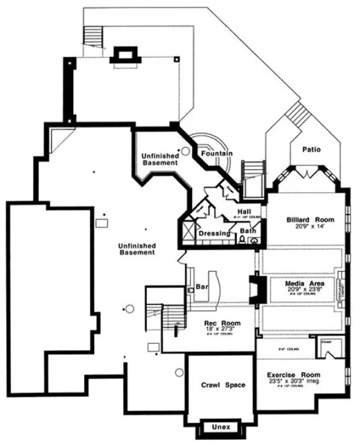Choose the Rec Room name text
[x=219, y=323]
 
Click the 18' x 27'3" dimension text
[x=219, y=330]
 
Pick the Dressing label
[x=214, y=233]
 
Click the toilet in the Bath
[x=243, y=240]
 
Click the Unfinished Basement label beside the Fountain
[x=159, y=159]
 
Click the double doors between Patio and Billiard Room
[x=307, y=174]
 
